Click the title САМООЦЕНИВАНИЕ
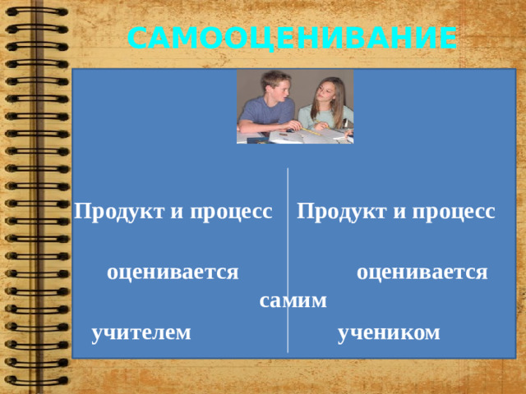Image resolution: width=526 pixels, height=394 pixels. point(293,38)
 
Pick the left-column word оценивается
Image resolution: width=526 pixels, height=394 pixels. point(173,271)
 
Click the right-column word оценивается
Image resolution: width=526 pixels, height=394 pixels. point(422,271)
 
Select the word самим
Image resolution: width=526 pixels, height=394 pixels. point(293,301)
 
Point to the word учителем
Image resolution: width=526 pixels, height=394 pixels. point(141,332)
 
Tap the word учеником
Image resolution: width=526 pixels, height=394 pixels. point(389,332)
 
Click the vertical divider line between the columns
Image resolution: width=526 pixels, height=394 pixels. point(288,246)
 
